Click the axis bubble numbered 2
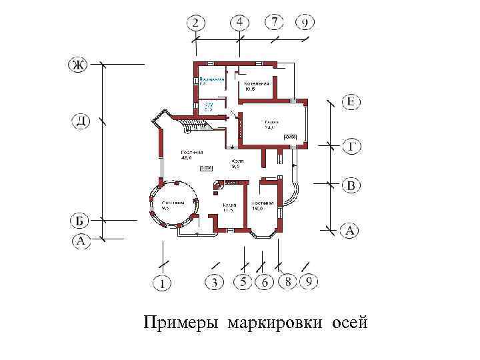(x=195, y=23)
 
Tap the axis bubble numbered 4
(x=240, y=23)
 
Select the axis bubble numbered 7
(x=274, y=22)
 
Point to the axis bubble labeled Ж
(x=79, y=65)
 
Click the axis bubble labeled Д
(x=81, y=121)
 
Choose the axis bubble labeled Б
(x=80, y=220)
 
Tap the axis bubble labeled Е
(x=352, y=102)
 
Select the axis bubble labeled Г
(x=352, y=145)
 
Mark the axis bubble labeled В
(x=352, y=185)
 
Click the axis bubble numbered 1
(x=161, y=283)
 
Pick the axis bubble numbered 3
(x=214, y=283)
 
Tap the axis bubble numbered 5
(x=243, y=283)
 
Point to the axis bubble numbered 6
(x=264, y=283)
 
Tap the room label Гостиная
(x=192, y=153)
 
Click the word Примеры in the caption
(x=182, y=324)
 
